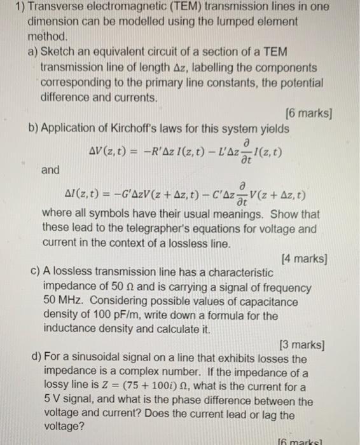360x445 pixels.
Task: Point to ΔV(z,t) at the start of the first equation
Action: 114,151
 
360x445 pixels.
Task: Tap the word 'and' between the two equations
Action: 50,170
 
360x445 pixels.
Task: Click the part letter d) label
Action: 37,359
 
